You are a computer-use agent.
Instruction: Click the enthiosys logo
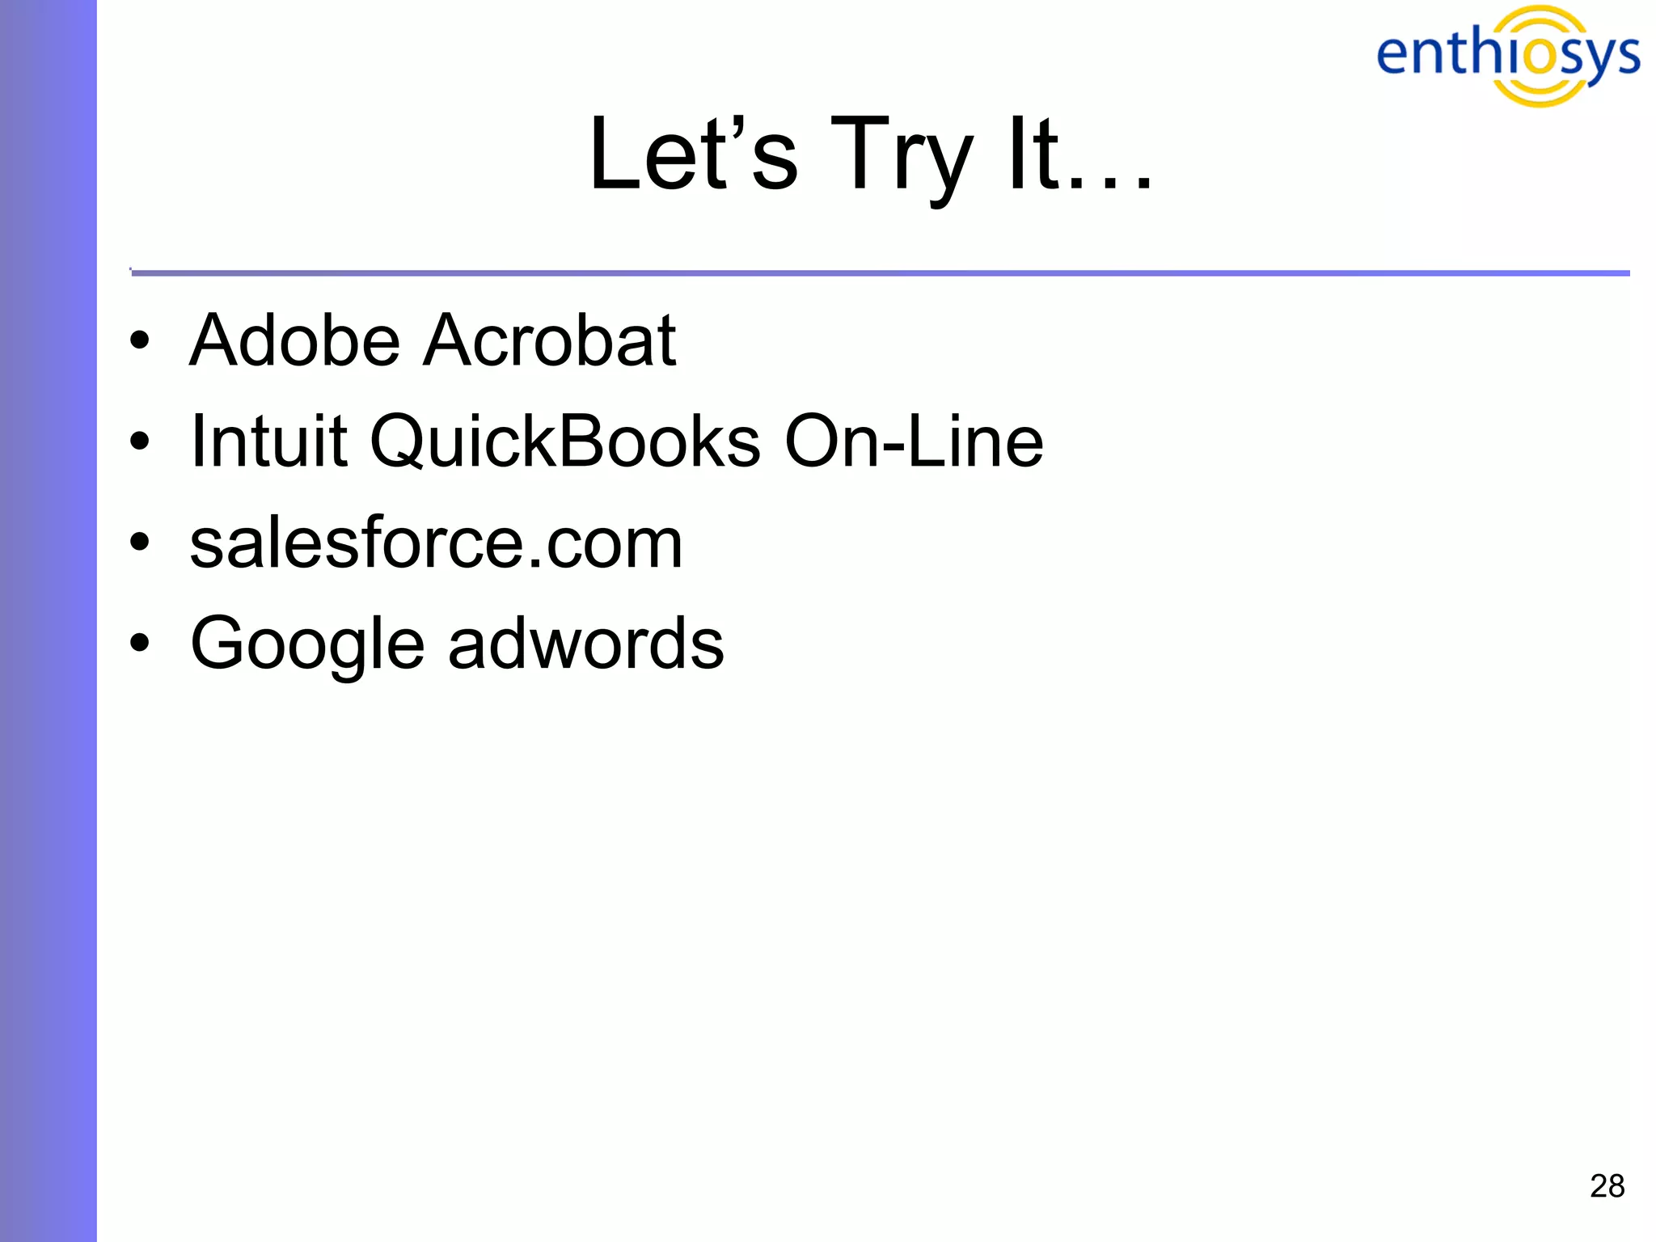[1508, 55]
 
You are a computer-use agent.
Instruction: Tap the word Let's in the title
[694, 154]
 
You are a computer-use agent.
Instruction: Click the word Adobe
[294, 340]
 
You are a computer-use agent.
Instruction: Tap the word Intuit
[268, 441]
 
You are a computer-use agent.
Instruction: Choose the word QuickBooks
[565, 443]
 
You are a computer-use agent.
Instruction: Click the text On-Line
[914, 441]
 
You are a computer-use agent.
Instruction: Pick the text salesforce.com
[436, 543]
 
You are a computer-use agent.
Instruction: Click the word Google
[307, 645]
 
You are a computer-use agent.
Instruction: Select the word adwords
[586, 644]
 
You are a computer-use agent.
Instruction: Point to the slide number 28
[1607, 1186]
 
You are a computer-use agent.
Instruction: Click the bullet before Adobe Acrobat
[140, 341]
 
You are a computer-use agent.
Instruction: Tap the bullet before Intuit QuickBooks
[140, 442]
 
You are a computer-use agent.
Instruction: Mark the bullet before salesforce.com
[140, 543]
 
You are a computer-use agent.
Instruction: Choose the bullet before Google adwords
[140, 644]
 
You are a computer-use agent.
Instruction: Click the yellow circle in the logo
[1540, 55]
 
